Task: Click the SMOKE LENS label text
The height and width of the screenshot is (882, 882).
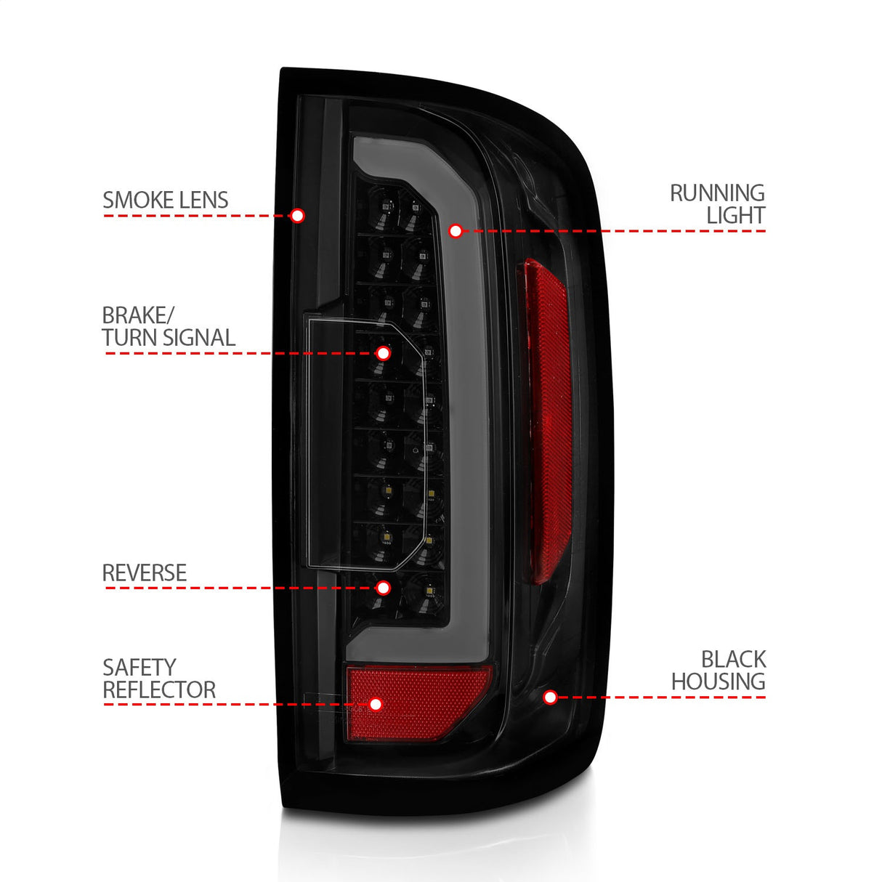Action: [x=165, y=201]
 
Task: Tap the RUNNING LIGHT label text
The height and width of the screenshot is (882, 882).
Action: [x=717, y=204]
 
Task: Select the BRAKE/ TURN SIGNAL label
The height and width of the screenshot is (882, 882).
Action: [x=168, y=327]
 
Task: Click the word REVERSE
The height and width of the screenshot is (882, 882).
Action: [x=144, y=573]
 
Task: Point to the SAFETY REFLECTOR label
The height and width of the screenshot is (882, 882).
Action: [x=158, y=679]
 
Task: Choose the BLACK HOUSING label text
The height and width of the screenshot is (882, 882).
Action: [x=718, y=671]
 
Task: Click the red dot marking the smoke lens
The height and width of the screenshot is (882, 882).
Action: [x=297, y=216]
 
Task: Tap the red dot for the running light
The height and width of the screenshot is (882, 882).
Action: [x=456, y=231]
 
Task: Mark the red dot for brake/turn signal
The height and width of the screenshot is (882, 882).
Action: [x=384, y=353]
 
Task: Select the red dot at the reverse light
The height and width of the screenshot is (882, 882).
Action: [x=384, y=587]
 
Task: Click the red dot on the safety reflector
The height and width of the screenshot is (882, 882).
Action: [x=376, y=704]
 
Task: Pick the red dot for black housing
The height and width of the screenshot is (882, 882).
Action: [x=551, y=697]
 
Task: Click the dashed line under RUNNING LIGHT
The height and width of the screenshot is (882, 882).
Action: [x=618, y=231]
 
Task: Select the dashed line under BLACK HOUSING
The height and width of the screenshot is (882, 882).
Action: [x=661, y=697]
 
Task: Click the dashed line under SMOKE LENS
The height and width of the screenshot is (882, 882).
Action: [x=196, y=216]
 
